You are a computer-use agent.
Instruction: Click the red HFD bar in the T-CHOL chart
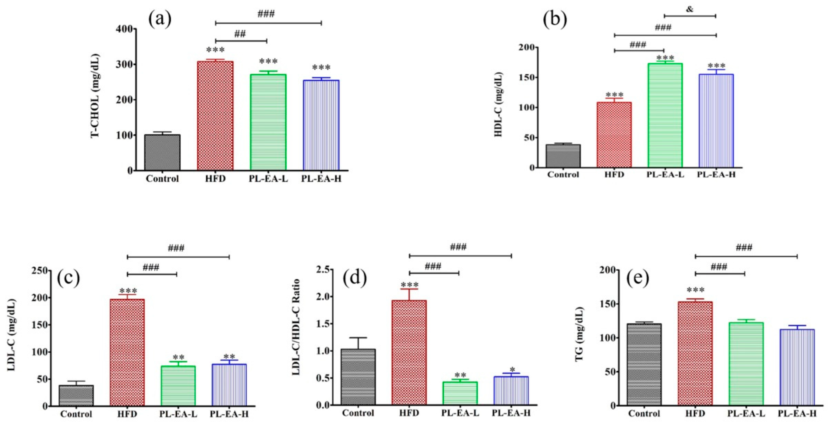pyautogui.click(x=215, y=116)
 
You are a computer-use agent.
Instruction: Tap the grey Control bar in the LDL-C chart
pyautogui.click(x=76, y=395)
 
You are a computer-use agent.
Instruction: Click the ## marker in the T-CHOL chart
pyautogui.click(x=240, y=34)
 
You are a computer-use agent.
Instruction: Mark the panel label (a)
pyautogui.click(x=160, y=19)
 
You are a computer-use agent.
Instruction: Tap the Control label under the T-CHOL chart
pyautogui.click(x=162, y=179)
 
